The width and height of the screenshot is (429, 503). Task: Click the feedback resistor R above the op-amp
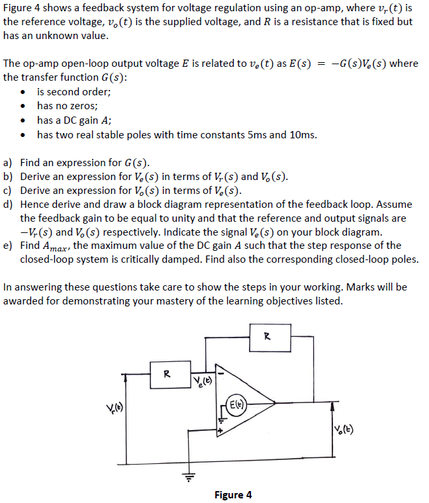coord(267,336)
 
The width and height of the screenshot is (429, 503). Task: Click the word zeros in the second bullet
coord(83,105)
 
